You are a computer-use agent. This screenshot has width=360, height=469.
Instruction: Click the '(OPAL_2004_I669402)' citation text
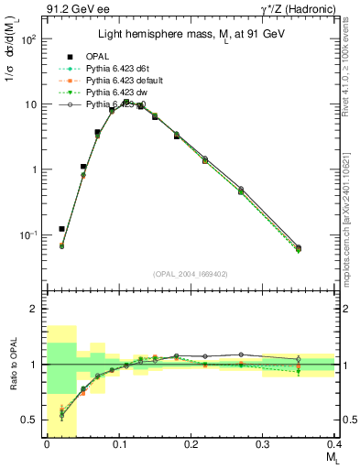(x=191, y=273)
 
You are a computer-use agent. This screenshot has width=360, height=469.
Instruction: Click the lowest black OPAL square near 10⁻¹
(x=61, y=229)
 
